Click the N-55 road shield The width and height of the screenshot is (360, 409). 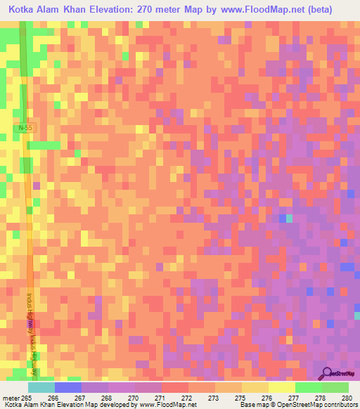click(26, 128)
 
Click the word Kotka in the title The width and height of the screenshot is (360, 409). click(25, 10)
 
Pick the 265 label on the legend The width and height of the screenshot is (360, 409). click(27, 397)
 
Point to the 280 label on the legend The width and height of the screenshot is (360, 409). click(345, 397)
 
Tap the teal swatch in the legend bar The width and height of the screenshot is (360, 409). click(41, 387)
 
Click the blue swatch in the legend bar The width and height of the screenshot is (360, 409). click(67, 387)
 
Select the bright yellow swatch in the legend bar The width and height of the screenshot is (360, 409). click(281, 387)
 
